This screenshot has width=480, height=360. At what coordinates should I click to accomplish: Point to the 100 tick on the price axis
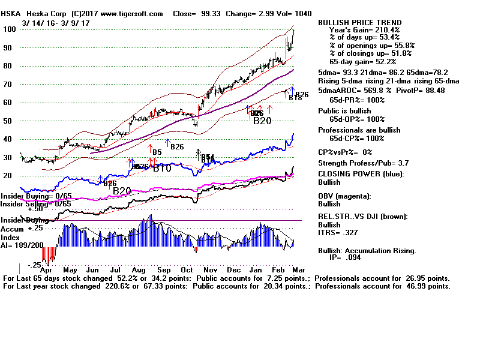[10, 29]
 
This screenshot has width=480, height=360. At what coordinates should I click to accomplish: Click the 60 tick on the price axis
[8, 103]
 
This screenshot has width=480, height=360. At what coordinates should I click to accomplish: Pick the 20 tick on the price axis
[8, 176]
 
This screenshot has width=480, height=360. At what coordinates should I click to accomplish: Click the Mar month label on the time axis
[306, 271]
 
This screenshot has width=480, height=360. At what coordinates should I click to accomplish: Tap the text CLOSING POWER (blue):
[361, 175]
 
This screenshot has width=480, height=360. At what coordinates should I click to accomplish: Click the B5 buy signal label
[157, 152]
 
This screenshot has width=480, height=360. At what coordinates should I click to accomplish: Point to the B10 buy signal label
[162, 169]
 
